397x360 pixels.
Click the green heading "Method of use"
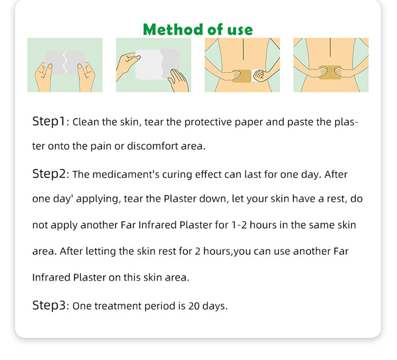point(198,29)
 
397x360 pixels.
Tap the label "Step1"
point(49,121)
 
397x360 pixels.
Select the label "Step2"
point(49,174)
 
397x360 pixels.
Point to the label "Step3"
point(49,305)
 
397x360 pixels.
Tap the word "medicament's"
point(126,174)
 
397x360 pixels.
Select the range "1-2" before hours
point(239,225)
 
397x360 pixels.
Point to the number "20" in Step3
point(194,306)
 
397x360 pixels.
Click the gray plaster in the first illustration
point(65,62)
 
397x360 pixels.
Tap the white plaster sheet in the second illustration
point(149,65)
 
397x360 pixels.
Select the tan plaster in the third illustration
point(241,76)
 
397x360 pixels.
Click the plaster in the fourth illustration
point(331,72)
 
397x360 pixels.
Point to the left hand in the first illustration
point(43,77)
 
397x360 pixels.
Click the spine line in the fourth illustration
point(330,47)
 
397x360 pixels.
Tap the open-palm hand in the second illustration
point(178,81)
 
